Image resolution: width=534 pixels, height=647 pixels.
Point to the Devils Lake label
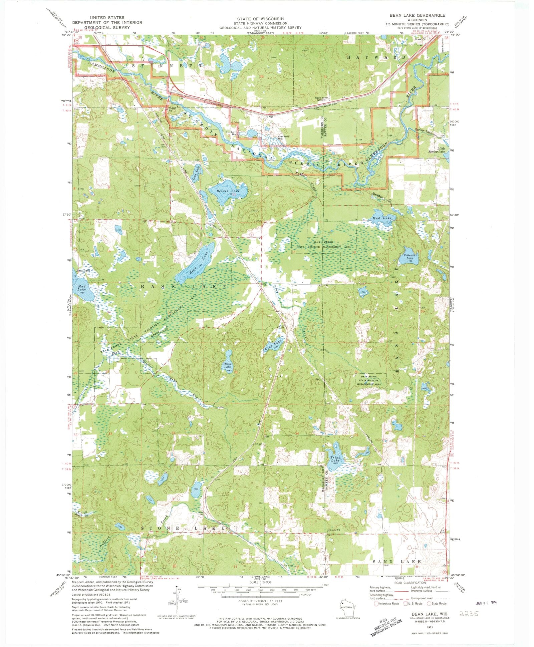[228, 365]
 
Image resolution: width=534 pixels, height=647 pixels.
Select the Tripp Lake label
[335, 459]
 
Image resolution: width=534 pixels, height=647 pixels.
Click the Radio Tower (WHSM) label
[322, 99]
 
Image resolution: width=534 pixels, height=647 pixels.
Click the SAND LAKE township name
[397, 562]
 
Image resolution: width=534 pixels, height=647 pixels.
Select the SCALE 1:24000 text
[260, 582]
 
